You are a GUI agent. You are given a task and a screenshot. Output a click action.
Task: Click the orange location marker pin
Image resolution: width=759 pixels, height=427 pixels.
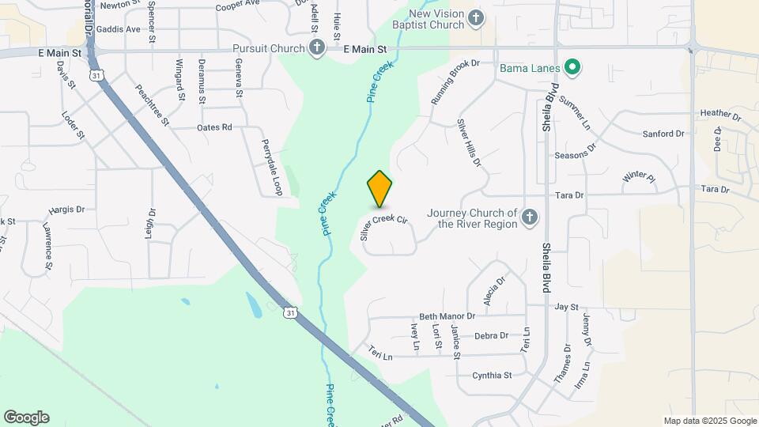tap(380, 188)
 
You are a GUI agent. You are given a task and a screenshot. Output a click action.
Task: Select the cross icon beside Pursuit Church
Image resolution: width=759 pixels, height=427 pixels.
tap(316, 48)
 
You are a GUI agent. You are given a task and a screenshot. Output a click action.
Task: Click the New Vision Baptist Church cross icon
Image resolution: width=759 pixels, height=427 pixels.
tap(475, 17)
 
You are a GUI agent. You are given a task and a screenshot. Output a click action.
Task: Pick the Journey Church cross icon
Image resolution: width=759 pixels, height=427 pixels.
tap(531, 217)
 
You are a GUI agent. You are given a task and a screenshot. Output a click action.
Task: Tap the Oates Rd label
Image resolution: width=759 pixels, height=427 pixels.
tap(214, 127)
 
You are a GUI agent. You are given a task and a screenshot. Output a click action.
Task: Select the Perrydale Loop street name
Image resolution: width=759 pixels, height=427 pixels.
tap(271, 168)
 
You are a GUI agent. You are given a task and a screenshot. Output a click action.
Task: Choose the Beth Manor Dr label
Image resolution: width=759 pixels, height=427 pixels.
tap(447, 316)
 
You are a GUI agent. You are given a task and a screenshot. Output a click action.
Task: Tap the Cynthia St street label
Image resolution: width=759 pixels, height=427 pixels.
tap(492, 376)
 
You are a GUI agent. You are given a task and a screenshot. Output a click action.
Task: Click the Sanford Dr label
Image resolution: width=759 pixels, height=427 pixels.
tap(663, 134)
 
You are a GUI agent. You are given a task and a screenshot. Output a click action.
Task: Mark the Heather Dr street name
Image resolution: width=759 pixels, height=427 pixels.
tap(720, 115)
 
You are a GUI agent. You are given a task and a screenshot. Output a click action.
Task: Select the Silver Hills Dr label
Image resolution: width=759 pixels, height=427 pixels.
tap(468, 143)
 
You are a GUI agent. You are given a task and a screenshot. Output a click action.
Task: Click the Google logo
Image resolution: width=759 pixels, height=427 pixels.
tap(26, 418)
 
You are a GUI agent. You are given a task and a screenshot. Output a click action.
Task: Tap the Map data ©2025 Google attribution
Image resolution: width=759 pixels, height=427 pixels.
tap(710, 421)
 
